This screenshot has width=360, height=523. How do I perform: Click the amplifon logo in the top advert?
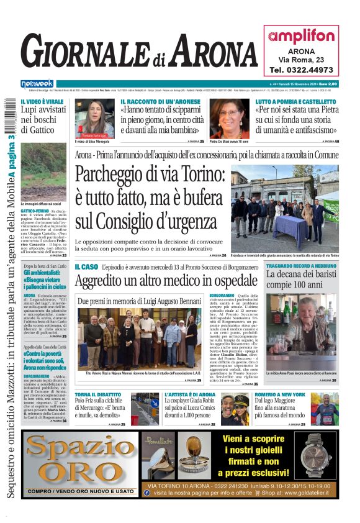[x=300, y=37]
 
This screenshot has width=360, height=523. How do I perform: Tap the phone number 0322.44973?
[x=301, y=70]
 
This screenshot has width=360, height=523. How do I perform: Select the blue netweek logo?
[x=37, y=84]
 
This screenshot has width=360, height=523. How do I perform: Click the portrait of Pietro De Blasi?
[x=228, y=119]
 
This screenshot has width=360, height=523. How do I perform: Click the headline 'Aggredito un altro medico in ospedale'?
[x=166, y=283]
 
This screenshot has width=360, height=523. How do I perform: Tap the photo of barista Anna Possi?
[x=302, y=332]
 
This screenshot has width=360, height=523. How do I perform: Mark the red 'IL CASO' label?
[x=86, y=266]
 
